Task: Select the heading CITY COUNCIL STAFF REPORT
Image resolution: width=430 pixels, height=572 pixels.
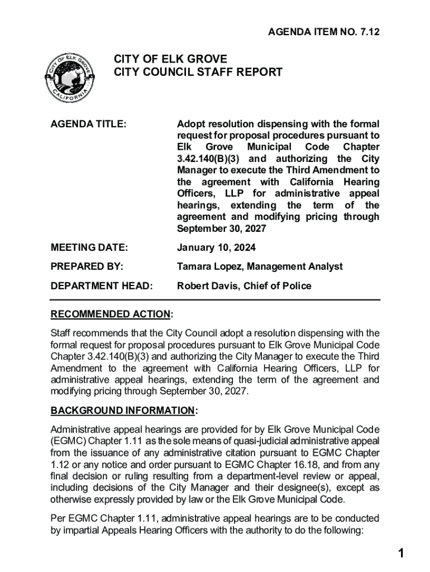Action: coord(198,72)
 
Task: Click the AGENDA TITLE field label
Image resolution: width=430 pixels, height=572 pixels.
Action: coord(88,124)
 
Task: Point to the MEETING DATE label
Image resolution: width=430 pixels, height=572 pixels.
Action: coord(89,247)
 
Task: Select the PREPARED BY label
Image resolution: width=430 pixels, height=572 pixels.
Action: coord(87,266)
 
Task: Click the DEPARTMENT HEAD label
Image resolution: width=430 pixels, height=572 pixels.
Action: coord(101,286)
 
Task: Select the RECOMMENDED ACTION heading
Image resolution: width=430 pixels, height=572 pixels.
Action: coord(111,314)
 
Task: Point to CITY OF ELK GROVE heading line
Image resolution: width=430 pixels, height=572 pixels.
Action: coord(170,59)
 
